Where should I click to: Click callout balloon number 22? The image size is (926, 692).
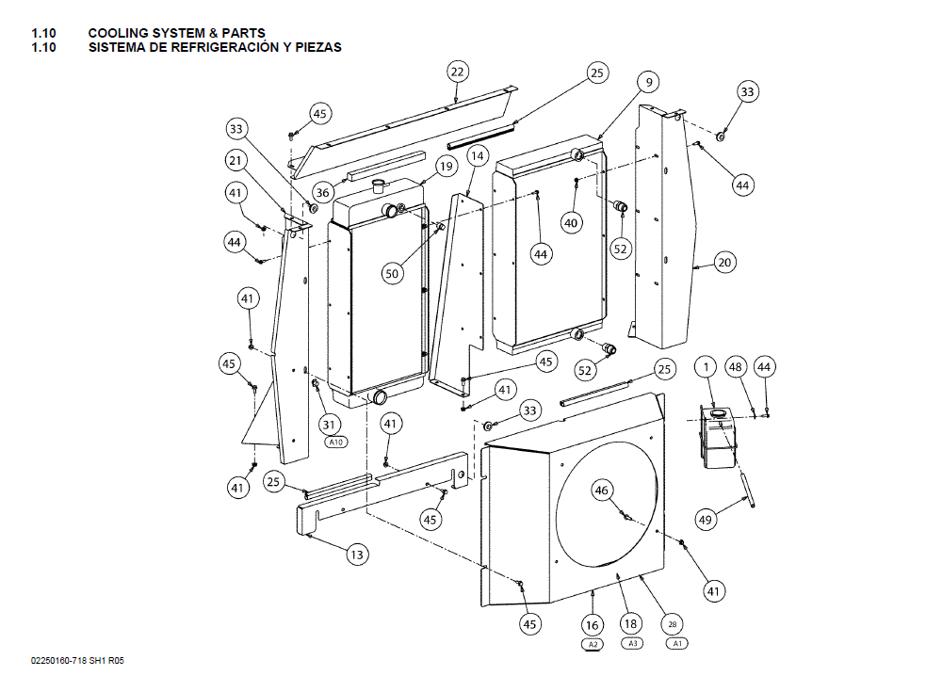[x=457, y=72]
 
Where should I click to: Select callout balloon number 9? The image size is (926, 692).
[x=649, y=83]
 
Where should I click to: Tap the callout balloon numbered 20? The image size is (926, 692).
[x=723, y=263]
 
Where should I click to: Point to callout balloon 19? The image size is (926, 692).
[x=446, y=167]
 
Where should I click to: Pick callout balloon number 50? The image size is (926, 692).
[x=393, y=273]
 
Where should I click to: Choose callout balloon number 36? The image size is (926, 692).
[x=323, y=192]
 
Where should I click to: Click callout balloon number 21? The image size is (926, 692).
[x=236, y=160]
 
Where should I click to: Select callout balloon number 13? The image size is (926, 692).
[x=356, y=555]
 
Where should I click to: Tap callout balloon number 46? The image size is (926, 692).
[x=603, y=490]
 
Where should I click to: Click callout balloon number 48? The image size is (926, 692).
[x=736, y=366]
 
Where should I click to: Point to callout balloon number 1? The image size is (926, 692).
[x=706, y=365]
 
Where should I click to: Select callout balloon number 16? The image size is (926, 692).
[x=593, y=623]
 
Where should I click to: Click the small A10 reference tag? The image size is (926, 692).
[x=335, y=442]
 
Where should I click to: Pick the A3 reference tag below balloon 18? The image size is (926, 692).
[x=631, y=644]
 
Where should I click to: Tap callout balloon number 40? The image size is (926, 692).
[x=572, y=223]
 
